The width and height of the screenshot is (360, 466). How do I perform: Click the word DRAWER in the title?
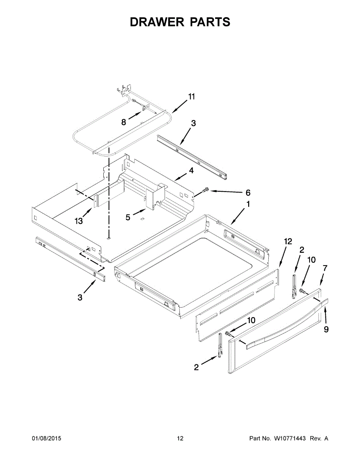(x=157, y=22)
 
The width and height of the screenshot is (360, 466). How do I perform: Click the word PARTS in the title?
(x=210, y=22)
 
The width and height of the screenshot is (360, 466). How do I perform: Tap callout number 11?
(x=191, y=97)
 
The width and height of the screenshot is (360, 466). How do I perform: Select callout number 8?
(x=124, y=122)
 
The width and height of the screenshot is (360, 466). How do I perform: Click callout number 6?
(x=248, y=193)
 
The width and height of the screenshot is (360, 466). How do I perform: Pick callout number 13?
(x=79, y=221)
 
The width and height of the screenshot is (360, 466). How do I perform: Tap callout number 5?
(x=128, y=217)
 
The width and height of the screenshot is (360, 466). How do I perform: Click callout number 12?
(x=287, y=242)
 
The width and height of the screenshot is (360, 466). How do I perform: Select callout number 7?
(x=325, y=268)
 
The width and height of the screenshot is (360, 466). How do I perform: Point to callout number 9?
(x=326, y=329)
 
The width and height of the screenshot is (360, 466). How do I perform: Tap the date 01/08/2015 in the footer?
(x=46, y=438)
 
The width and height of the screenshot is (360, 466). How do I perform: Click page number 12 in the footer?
(x=180, y=438)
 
